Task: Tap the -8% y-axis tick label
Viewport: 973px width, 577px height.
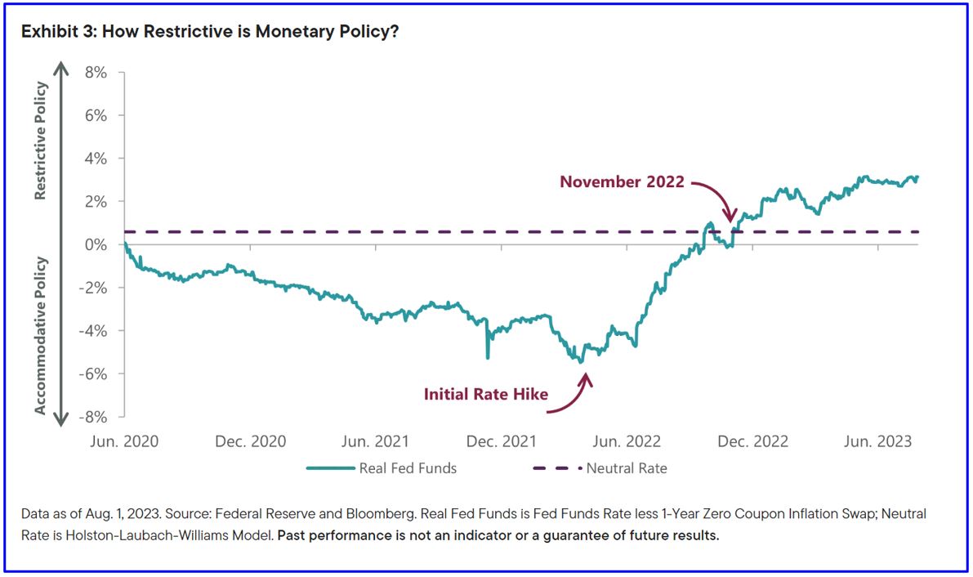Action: click(x=92, y=417)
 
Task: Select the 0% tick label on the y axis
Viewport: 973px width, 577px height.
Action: click(x=96, y=245)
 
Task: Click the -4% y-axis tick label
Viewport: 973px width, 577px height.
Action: click(x=92, y=331)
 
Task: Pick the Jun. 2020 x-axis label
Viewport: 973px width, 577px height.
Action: click(x=124, y=441)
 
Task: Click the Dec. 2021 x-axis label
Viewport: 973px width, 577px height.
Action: click(x=501, y=441)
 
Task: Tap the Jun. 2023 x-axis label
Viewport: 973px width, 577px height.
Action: click(x=877, y=441)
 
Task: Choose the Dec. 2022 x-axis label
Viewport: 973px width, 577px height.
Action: click(x=752, y=441)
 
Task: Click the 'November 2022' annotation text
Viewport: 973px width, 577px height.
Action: click(x=622, y=181)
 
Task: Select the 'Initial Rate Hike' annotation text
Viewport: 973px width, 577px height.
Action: click(x=486, y=394)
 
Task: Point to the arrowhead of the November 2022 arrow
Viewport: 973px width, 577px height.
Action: click(x=730, y=218)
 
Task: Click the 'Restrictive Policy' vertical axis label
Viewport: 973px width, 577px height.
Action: click(x=41, y=141)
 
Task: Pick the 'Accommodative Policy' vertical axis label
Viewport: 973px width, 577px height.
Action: click(x=41, y=336)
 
